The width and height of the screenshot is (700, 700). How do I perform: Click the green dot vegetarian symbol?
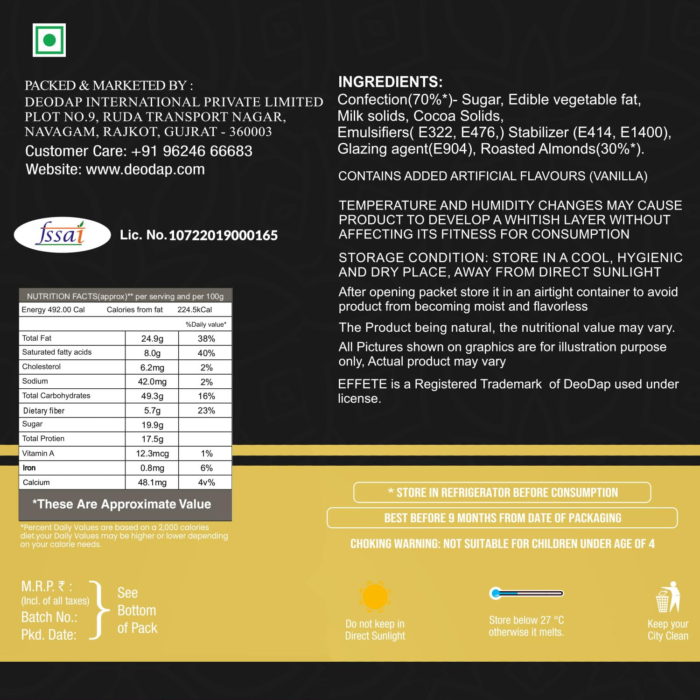point(49,40)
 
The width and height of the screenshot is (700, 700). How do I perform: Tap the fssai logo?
point(62,234)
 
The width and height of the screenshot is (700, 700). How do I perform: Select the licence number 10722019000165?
point(223,235)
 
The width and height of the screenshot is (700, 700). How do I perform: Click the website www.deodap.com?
point(145,169)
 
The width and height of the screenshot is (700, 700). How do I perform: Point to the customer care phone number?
point(192,151)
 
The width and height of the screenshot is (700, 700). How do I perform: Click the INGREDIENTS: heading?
point(390,82)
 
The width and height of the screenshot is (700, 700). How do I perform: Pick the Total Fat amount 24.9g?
point(152,338)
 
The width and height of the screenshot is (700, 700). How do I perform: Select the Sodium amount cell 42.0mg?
point(152,382)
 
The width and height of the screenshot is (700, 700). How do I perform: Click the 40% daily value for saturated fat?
point(206,353)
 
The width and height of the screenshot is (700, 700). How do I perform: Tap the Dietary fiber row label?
point(44,411)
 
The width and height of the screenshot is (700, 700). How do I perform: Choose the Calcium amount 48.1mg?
point(152,483)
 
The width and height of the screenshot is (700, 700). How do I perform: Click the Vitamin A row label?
point(38,453)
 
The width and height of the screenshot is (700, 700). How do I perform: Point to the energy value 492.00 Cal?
point(53,310)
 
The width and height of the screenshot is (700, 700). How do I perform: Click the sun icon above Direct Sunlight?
point(375,596)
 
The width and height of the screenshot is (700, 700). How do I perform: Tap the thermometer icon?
point(526,594)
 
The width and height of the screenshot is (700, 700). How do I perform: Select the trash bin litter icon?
point(667,597)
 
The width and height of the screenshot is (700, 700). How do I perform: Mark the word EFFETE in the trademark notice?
point(362,384)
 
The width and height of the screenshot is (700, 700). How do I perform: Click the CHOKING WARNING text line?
point(502,544)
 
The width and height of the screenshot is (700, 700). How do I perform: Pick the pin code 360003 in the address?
point(251,132)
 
